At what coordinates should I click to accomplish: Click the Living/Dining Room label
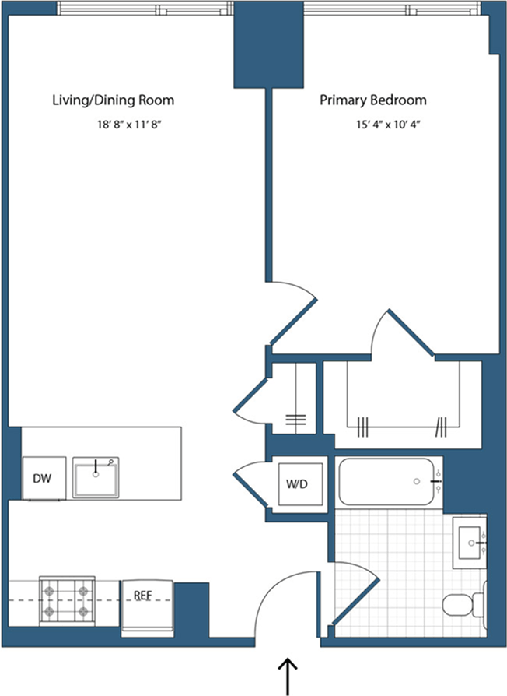pos(113,100)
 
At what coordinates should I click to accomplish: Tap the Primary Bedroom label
pos(373,100)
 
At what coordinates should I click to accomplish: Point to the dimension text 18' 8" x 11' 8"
pos(129,124)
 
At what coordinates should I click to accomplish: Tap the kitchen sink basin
pos(96,477)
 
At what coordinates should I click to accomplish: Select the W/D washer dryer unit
pos(298,484)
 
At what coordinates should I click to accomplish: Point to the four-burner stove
pos(68,600)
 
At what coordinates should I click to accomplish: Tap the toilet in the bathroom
pos(462,605)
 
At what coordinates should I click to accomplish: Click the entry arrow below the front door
pos(288,674)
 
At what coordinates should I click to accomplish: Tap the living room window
pos(145,9)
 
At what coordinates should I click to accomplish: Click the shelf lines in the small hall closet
pos(295,421)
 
